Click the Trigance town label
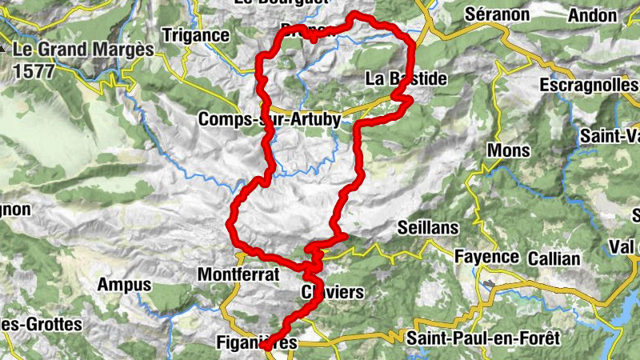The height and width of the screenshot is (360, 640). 195,36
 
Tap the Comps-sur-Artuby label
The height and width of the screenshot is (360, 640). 270,119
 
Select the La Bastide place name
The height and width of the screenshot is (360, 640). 405,78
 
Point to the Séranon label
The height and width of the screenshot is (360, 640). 497,14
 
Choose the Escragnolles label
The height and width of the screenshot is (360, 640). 588,84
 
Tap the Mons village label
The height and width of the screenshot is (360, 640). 508,150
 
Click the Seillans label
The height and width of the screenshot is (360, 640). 428,228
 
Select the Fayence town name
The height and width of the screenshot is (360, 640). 486,258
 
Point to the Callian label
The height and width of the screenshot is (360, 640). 554,258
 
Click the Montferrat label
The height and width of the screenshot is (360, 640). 238,274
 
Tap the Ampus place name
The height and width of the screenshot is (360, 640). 124,285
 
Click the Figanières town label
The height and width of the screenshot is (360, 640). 257,343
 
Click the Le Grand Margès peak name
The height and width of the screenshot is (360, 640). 82,50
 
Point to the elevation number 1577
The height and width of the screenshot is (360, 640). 33,71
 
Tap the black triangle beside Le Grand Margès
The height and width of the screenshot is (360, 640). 4,48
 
